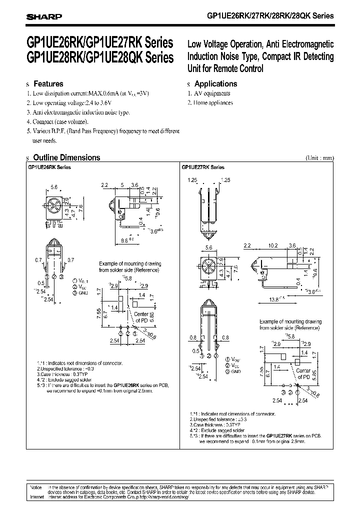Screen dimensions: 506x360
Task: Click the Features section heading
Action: [x=47, y=84]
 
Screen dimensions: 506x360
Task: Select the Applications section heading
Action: [x=215, y=84]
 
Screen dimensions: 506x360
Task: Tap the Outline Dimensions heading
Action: [x=66, y=157]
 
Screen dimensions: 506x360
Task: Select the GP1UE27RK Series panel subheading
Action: [x=202, y=168]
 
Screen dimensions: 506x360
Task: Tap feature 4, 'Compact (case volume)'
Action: [x=60, y=121]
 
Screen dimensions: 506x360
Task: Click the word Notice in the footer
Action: [x=36, y=486]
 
